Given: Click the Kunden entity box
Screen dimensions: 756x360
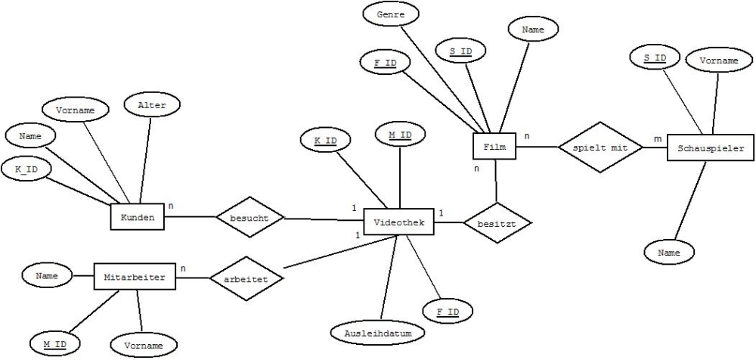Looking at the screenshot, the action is point(138,216).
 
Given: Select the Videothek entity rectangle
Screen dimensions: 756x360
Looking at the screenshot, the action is point(398,222).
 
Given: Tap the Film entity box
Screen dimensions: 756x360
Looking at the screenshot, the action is point(494,146).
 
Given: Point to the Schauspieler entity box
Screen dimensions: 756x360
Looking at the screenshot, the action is point(711,148).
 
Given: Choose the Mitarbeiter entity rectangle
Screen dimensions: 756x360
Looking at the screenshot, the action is point(135,277).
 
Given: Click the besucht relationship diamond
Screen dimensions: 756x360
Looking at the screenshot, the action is point(249,216).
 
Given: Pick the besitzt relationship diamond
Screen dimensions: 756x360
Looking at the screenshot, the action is point(497,223).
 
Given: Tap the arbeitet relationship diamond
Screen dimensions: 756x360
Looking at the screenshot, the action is point(246,278).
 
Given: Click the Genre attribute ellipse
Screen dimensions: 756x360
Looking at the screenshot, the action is point(390,15).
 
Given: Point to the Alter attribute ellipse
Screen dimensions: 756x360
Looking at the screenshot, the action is point(152,104).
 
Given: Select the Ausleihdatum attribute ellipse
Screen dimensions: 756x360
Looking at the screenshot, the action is point(378,333).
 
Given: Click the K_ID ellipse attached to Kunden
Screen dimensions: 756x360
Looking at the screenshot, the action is point(26,169).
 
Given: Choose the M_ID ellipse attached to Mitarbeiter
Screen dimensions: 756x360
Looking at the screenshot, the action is point(54,344).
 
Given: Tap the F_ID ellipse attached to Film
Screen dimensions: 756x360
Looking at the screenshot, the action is point(386,62).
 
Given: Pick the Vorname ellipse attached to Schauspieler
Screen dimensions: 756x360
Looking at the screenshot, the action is point(718,61).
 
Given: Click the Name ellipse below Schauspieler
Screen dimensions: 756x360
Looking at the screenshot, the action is point(668,253).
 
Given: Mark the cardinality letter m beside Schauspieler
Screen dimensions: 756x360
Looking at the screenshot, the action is point(658,139).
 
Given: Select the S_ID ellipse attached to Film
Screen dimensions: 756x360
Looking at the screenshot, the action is point(460,50).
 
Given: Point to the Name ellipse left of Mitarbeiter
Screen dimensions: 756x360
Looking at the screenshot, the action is point(47,275).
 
